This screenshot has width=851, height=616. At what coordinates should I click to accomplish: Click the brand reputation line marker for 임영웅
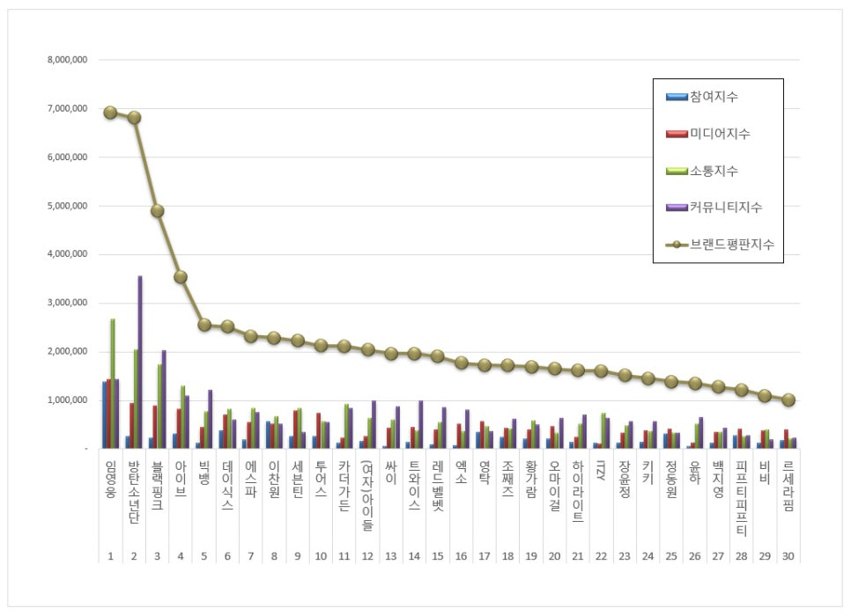coord(110,113)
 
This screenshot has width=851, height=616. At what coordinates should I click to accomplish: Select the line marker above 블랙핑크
coord(157,211)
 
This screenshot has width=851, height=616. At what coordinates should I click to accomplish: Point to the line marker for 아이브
coord(181,277)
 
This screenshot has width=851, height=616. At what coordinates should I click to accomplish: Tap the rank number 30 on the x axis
coord(788,556)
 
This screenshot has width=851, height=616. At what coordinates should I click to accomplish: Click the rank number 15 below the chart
coord(438,556)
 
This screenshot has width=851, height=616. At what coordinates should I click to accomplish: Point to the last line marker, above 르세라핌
coord(788,400)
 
